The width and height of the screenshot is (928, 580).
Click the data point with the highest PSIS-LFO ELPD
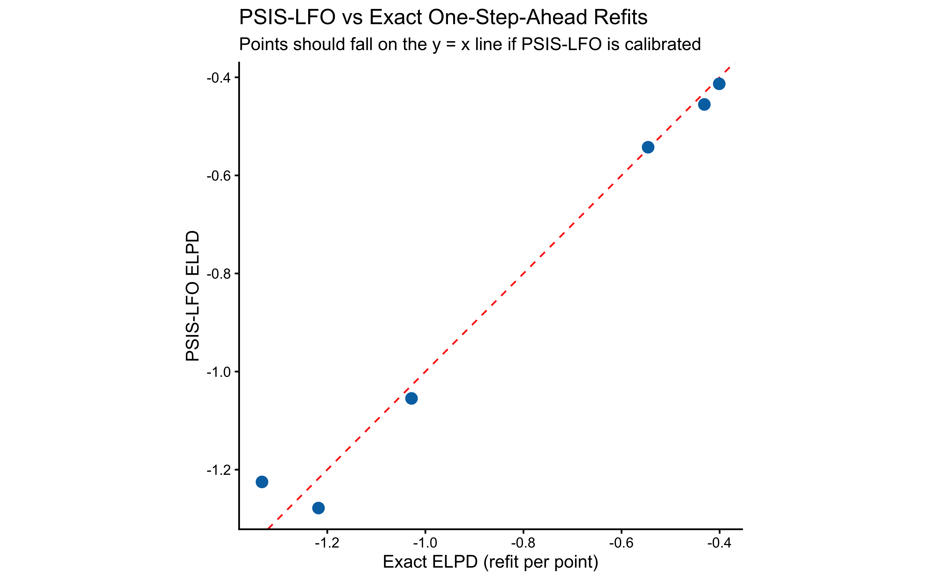719,84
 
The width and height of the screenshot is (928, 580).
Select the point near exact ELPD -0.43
704,104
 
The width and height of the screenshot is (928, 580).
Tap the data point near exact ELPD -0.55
648,147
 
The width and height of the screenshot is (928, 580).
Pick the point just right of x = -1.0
411,399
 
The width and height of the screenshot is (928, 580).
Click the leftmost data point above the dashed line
262,482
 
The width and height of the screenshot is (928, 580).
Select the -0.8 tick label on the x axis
523,543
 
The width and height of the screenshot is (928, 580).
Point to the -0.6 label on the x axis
621,543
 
